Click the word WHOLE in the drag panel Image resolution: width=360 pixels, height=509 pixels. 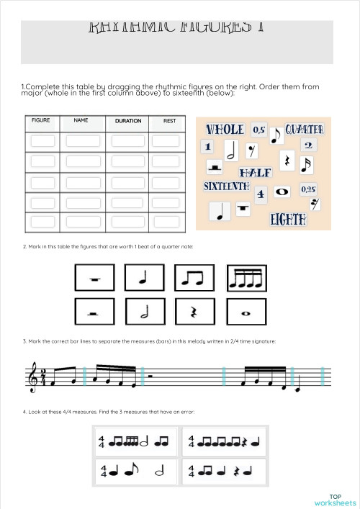tap(225, 130)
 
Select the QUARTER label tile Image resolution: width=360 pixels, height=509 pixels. tap(305, 130)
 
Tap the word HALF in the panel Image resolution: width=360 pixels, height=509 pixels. tap(255, 173)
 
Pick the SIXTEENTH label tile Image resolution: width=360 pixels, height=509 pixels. tap(226, 186)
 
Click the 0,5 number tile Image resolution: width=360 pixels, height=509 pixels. tap(259, 130)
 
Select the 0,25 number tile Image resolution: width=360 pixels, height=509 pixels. tap(308, 189)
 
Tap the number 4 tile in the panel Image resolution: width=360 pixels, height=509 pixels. tap(261, 193)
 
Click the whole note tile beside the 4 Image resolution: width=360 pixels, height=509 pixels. tap(282, 192)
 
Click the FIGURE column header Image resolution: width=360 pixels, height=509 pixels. tap(41, 121)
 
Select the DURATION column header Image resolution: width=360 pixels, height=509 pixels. tap(128, 121)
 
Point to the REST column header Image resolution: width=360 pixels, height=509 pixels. tap(169, 121)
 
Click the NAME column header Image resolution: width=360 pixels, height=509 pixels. tap(81, 121)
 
